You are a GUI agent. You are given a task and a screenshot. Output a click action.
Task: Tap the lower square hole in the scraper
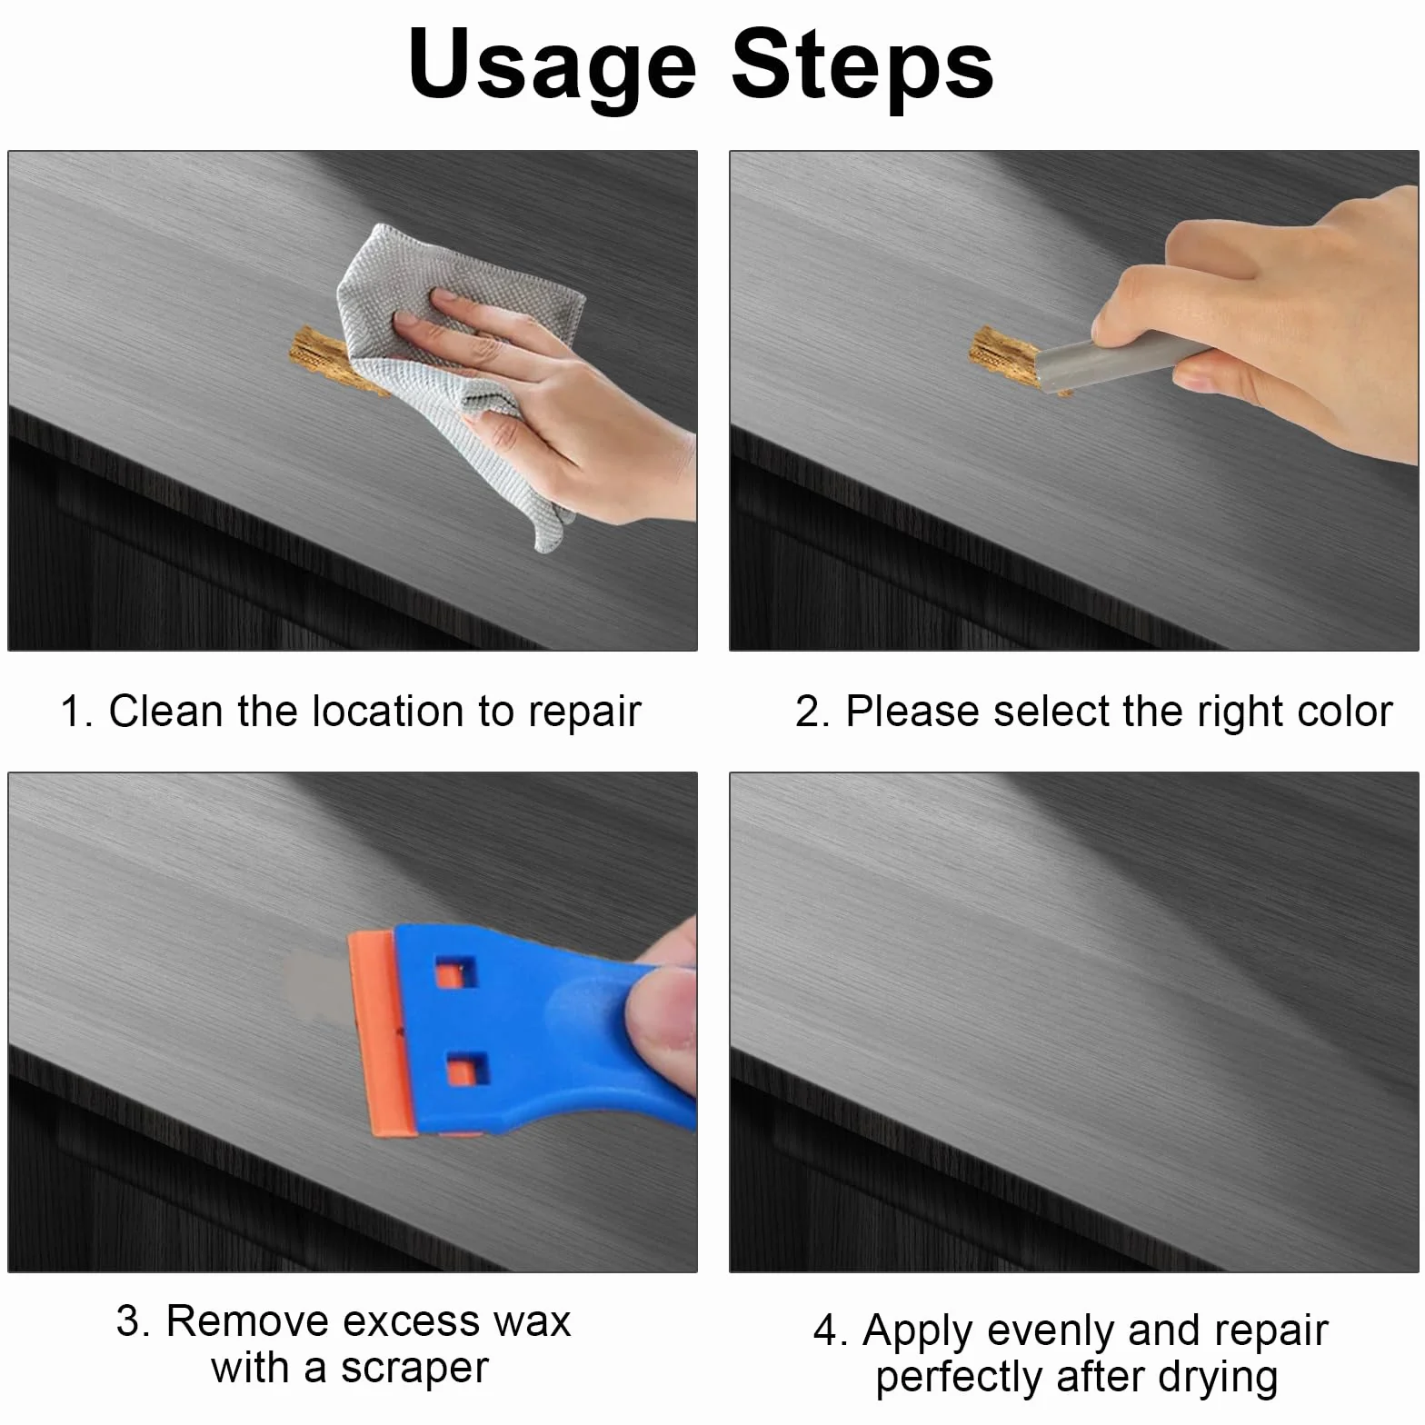pyautogui.click(x=468, y=1067)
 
